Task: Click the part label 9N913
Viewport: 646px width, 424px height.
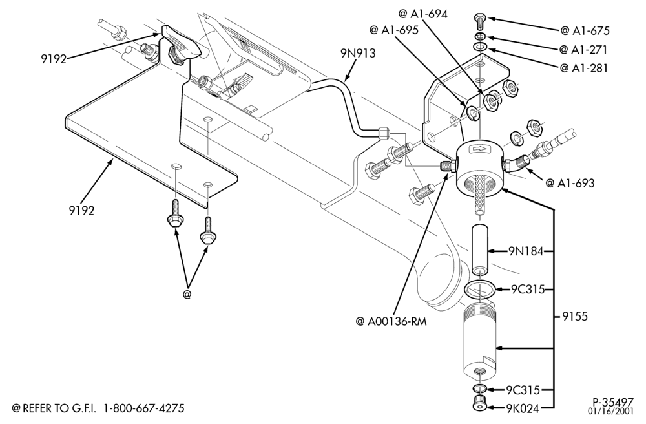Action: (358, 53)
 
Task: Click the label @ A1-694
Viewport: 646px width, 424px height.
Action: (422, 14)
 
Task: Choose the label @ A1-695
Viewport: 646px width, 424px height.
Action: (394, 30)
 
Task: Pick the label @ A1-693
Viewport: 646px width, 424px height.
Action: (570, 183)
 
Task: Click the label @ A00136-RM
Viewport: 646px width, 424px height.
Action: (391, 321)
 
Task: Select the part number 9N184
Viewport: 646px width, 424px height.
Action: (526, 251)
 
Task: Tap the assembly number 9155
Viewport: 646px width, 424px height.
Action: (575, 317)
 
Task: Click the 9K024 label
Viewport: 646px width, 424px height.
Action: (523, 408)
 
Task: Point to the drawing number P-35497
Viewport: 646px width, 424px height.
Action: (613, 402)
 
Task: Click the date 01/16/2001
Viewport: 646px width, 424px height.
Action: (611, 411)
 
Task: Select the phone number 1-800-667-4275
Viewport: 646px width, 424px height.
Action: (144, 408)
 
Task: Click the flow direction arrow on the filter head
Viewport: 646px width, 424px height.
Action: (481, 149)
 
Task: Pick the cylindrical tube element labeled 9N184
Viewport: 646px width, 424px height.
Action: (479, 249)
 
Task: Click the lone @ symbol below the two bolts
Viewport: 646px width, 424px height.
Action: (187, 295)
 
